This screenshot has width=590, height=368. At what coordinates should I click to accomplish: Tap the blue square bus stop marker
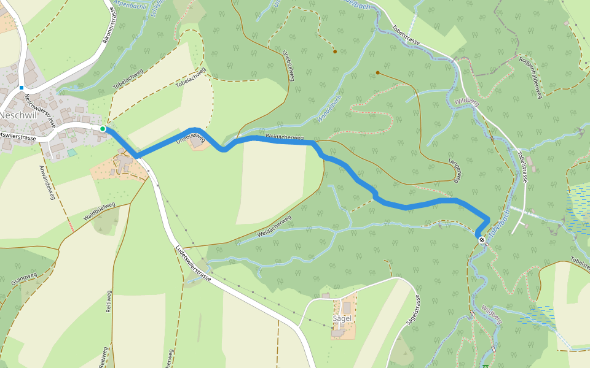(x=21, y=88)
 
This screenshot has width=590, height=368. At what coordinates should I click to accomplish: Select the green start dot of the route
(x=103, y=128)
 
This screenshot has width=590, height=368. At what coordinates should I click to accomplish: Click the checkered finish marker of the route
(x=482, y=240)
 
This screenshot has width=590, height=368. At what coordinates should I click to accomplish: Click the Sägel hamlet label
(x=342, y=319)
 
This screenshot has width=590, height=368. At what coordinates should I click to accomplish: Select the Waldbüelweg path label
(x=99, y=211)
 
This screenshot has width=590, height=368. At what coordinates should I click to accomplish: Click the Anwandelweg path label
(x=47, y=182)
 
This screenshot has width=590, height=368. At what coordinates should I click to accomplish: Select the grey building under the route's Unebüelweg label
(x=197, y=142)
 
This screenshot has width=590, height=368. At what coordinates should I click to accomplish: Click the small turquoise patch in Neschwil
(x=73, y=152)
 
